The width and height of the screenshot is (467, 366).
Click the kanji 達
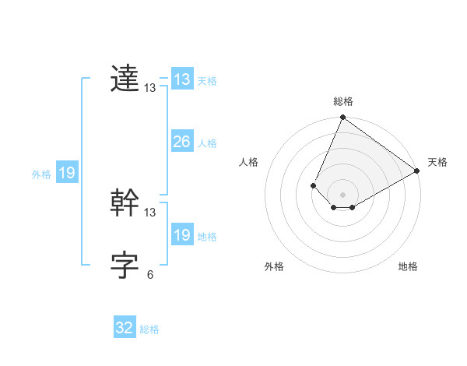click(x=125, y=79)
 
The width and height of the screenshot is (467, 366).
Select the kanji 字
click(x=125, y=266)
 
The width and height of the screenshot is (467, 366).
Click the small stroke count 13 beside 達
click(x=150, y=88)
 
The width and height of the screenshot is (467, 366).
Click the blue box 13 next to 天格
click(x=182, y=79)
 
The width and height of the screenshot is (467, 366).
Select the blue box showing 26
click(x=182, y=142)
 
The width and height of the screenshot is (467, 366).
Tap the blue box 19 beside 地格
click(x=182, y=235)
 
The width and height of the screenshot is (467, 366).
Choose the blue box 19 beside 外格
click(x=67, y=173)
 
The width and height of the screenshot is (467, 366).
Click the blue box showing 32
click(x=125, y=328)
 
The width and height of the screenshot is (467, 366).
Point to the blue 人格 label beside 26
click(x=207, y=143)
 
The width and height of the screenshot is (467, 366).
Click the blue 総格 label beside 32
click(x=149, y=329)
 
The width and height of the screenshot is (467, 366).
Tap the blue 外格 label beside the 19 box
click(x=41, y=174)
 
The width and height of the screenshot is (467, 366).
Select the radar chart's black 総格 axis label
click(x=342, y=101)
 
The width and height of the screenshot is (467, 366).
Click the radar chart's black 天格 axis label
click(x=437, y=162)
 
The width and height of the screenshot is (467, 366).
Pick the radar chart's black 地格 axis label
click(x=408, y=267)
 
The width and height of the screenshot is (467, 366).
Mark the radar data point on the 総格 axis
click(x=342, y=118)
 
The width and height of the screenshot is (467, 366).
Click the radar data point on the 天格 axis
click(x=417, y=171)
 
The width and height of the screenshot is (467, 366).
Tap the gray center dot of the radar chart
click(x=342, y=195)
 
